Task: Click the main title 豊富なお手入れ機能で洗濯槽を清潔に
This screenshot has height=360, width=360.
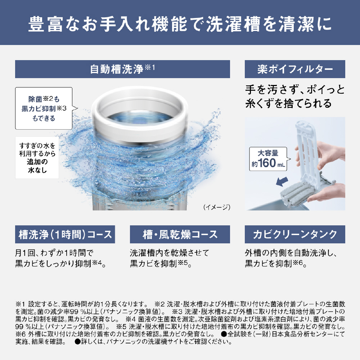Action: pos(180,24)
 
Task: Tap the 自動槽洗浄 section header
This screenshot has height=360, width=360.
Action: pos(122,69)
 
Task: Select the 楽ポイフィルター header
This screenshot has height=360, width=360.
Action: pos(295,69)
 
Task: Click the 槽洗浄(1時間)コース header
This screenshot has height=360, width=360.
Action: pos(65,234)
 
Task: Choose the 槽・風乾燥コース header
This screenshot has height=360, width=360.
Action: pos(180,234)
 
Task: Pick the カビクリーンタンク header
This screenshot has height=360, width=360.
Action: pos(295,234)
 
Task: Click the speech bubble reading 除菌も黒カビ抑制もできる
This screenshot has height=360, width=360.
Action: pos(44,108)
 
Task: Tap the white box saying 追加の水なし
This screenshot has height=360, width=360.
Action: pos(37,158)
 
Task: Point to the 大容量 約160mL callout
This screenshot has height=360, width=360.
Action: pos(268,159)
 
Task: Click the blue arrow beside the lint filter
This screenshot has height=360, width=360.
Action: pos(282,182)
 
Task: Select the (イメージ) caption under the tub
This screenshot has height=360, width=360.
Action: pos(217,207)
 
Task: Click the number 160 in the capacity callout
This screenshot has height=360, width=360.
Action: pos(267,163)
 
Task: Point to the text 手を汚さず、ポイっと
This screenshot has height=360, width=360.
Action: pos(295,90)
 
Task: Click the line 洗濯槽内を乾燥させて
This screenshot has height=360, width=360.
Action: pos(170,253)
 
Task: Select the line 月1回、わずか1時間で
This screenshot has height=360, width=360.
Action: pos(54,253)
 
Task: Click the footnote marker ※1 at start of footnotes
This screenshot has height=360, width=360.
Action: pos(20,304)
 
